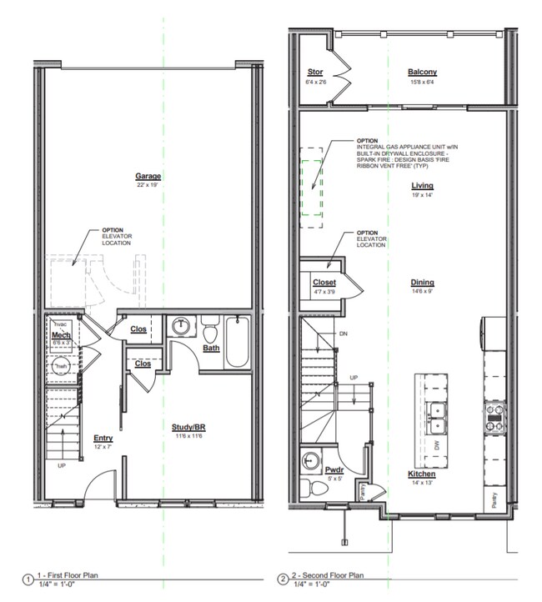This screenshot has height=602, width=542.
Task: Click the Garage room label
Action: tap(148, 176)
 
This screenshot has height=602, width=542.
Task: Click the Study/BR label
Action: tap(189, 427)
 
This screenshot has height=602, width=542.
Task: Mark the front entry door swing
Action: tap(103, 486)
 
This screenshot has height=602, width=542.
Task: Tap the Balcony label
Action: tap(422, 73)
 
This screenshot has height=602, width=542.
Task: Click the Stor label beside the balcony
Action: tap(315, 73)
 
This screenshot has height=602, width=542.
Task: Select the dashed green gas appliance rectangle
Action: tap(312, 188)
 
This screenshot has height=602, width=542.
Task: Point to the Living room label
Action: tap(422, 186)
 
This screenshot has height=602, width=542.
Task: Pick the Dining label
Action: tap(422, 282)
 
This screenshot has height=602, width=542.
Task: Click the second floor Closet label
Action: tap(324, 283)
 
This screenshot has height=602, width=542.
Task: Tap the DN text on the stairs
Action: tap(343, 334)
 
